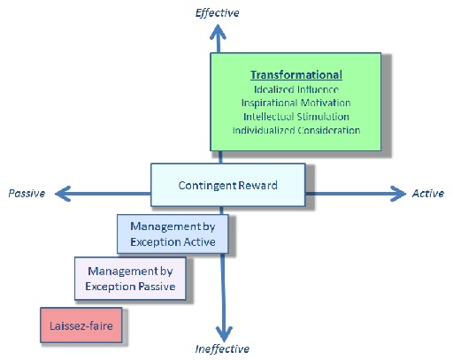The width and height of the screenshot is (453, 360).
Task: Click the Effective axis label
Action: coord(217,13)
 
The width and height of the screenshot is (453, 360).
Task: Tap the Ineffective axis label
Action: coord(222,349)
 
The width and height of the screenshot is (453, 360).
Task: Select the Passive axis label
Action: coord(27,194)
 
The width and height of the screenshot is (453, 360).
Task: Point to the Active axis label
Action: coord(428,194)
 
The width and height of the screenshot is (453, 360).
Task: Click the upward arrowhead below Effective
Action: coord(218,32)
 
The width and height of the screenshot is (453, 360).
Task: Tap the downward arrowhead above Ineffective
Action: coord(224,333)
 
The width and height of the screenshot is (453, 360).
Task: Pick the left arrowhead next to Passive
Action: coord(63,194)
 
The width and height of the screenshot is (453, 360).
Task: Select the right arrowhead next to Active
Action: coord(398,194)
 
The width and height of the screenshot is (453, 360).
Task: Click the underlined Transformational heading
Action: coord(296,75)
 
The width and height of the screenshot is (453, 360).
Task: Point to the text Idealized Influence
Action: coord(296,89)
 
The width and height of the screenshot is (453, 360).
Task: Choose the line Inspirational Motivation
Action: coord(296,103)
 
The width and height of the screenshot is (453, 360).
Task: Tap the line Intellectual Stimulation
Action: coord(296,117)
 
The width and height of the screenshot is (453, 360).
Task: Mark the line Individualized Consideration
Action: coord(296,130)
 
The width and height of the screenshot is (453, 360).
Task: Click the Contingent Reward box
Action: coord(228,185)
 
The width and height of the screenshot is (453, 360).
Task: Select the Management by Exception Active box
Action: coord(173,234)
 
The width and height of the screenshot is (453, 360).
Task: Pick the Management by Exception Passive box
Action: coord(130,279)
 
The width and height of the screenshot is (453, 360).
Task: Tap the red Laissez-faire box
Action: coord(81,326)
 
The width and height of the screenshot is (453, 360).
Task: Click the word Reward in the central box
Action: coord(257,185)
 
